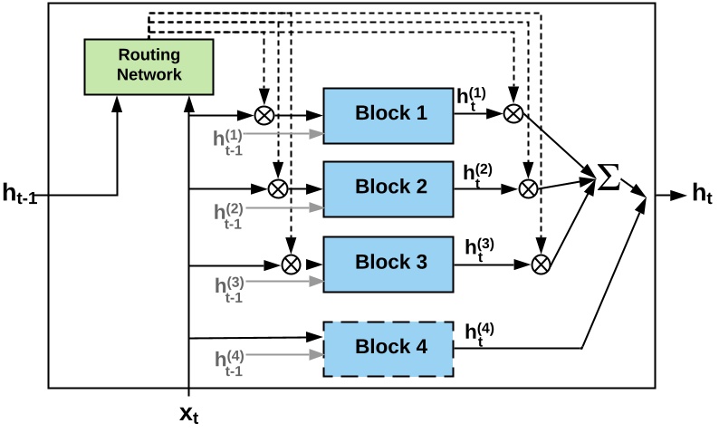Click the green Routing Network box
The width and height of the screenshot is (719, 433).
pos(149,66)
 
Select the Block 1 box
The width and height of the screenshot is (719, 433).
pos(388,115)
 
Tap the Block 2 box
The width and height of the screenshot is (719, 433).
pos(388,188)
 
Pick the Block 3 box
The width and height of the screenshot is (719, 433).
pos(388,264)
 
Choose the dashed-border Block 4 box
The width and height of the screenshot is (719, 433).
pos(388,348)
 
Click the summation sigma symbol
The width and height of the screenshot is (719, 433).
pos(610,178)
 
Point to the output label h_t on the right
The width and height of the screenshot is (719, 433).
pos(701,193)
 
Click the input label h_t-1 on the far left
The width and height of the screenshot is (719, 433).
pos(19,193)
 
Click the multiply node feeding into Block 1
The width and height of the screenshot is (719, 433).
pos(265,115)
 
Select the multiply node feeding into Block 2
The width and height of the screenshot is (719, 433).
pos(278,188)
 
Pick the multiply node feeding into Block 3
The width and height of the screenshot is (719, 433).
pos(291,264)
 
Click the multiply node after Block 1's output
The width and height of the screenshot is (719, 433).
pos(513,113)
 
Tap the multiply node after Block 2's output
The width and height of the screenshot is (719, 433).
pos(527,188)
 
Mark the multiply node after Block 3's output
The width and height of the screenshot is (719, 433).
pos(541,264)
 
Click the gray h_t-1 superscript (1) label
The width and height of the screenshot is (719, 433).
pos(228,141)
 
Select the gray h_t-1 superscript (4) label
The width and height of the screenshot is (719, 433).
pos(228,361)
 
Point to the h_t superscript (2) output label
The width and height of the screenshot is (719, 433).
pos(478,173)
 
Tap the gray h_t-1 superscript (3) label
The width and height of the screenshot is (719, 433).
pos(228,289)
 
